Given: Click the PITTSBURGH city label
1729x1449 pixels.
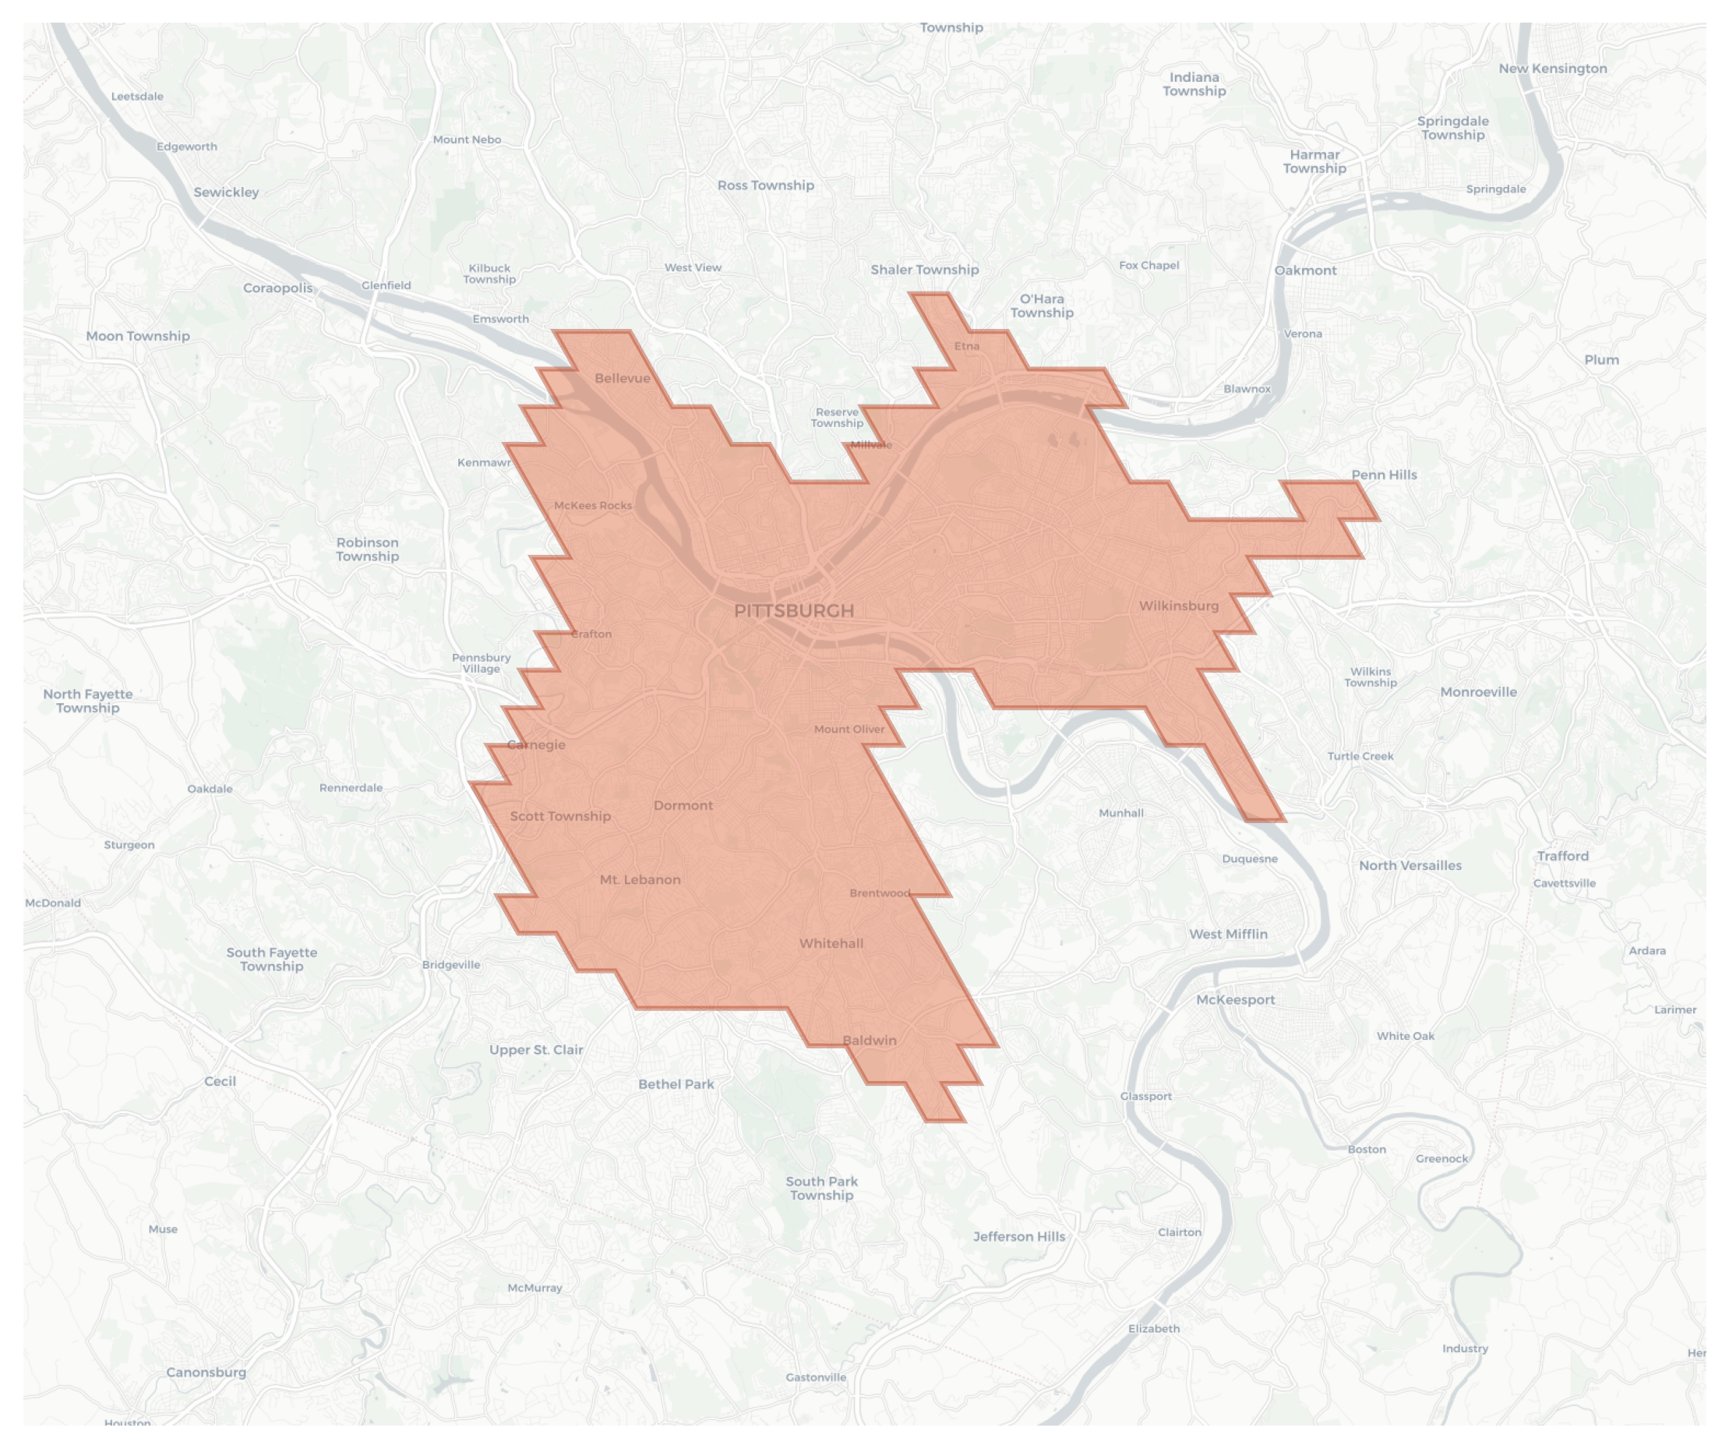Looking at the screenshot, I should click(794, 610).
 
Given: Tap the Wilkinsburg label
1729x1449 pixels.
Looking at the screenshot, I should click(1178, 606).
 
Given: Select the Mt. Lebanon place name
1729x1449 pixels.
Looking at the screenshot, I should click(640, 879).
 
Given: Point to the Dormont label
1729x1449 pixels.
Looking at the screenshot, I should click(683, 805).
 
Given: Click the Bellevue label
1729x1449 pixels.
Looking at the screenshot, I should click(622, 378).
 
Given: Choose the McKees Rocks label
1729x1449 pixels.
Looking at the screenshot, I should click(593, 505).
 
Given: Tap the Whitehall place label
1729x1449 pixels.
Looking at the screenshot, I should click(831, 943).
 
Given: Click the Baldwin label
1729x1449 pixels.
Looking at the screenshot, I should click(870, 1041).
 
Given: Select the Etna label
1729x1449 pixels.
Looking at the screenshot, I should click(967, 346).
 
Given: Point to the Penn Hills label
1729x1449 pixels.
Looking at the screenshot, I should click(1384, 475).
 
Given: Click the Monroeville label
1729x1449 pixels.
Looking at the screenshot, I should click(1478, 692).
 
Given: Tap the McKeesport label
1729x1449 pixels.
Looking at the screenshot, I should click(1235, 999).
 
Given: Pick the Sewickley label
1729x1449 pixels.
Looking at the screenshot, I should click(227, 192).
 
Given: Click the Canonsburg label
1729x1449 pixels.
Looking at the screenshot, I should click(206, 1372).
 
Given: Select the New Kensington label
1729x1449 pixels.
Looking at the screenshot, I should click(1552, 69).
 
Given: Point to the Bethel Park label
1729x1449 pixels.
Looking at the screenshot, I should click(676, 1084).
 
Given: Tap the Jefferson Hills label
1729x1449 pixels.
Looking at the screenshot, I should click(1018, 1236).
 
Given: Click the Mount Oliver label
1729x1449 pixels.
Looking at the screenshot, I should click(849, 729).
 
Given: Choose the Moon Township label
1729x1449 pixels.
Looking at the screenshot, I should click(137, 336).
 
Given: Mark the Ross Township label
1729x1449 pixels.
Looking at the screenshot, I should click(765, 186).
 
